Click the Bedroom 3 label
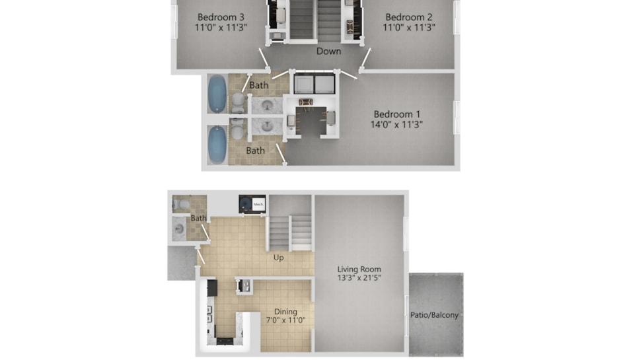click(x=221, y=17)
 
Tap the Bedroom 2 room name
click(x=409, y=17)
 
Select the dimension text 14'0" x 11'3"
click(x=396, y=125)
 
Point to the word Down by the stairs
click(x=329, y=51)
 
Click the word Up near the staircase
click(x=278, y=258)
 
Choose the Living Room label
click(x=359, y=269)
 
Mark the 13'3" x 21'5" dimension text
click(x=359, y=277)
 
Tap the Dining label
click(x=285, y=312)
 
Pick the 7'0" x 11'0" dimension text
click(x=285, y=320)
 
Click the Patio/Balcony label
click(x=435, y=315)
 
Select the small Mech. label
click(x=258, y=204)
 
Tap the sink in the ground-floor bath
click(x=178, y=229)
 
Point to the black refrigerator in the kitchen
click(x=212, y=288)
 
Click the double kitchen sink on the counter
click(x=209, y=314)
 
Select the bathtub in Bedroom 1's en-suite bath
click(x=217, y=145)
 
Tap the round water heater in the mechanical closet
click(x=246, y=205)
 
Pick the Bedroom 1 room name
click(x=397, y=114)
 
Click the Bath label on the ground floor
click(x=198, y=218)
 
